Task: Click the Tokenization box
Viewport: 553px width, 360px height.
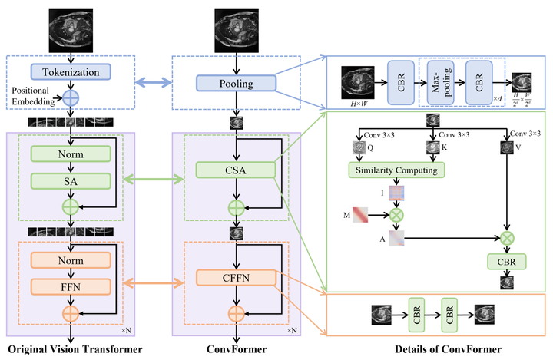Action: [x=71, y=71]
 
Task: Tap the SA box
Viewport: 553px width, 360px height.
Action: [x=71, y=180]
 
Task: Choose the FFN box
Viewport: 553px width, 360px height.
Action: [x=71, y=286]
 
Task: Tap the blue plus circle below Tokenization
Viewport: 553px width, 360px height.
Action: [x=71, y=97]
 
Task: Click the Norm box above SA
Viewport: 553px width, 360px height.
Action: [x=71, y=154]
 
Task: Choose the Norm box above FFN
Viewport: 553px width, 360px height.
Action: [x=71, y=261]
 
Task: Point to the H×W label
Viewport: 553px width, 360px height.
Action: [x=358, y=103]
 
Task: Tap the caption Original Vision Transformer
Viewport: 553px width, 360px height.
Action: [x=71, y=351]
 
